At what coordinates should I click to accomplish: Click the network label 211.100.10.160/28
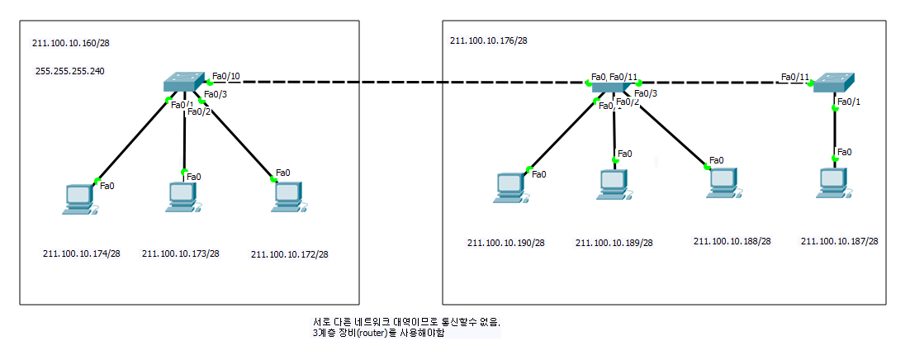coord(70,44)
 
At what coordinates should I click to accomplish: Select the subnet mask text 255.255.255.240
coord(70,71)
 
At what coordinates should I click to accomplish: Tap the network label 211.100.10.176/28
coord(489,40)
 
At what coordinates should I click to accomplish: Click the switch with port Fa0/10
coord(182,82)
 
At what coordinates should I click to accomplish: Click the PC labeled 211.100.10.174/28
coord(79,199)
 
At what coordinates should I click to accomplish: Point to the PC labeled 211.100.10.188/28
coord(720,182)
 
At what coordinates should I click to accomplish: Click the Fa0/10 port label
coord(226,77)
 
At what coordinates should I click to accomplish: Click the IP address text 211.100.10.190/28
coord(506,243)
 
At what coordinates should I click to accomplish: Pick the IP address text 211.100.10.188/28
coord(732,241)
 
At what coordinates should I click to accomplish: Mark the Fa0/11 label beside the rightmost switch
coord(794,78)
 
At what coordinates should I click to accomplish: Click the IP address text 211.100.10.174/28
coord(82,253)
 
